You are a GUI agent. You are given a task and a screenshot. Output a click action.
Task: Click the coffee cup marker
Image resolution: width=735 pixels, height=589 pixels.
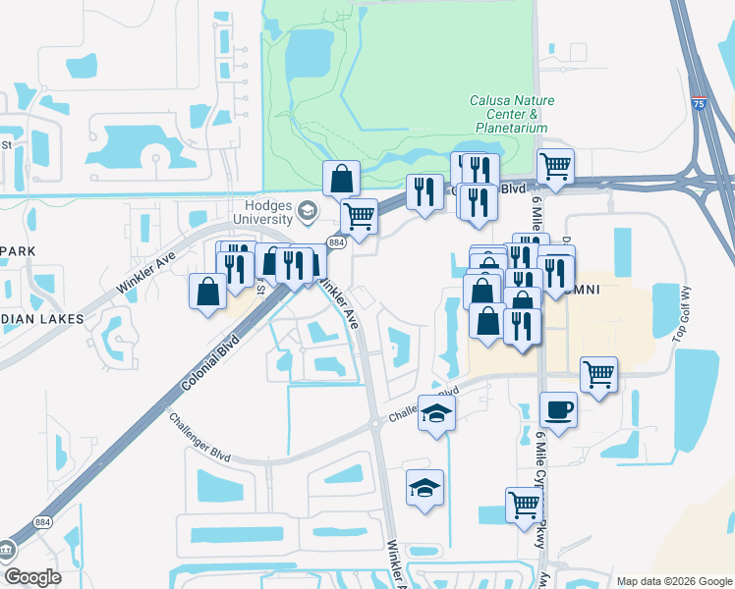click(558, 408)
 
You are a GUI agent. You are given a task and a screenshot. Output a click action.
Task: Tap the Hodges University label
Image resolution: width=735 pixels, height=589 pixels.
click(264, 211)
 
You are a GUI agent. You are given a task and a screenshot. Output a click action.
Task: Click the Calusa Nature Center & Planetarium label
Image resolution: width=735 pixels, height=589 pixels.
click(511, 114)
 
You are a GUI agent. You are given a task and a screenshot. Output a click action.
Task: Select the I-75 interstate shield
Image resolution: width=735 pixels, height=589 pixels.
click(698, 101)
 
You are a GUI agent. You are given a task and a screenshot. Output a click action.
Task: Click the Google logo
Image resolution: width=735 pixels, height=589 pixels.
click(32, 577)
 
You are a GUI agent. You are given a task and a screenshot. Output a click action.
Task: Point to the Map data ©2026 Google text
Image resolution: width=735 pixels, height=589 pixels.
click(673, 581)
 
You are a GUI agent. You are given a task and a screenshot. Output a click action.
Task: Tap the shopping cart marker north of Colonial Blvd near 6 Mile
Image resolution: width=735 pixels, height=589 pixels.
click(555, 166)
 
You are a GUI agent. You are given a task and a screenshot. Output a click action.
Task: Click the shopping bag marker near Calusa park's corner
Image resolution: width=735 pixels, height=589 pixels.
click(341, 179)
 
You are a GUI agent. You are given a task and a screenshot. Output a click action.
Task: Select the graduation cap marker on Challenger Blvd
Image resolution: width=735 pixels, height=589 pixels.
click(436, 411)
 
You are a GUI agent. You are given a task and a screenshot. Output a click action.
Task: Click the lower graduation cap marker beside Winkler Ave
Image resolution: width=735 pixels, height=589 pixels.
click(424, 487)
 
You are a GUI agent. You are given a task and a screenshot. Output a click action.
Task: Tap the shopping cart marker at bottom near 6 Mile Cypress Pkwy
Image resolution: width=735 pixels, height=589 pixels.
click(524, 505)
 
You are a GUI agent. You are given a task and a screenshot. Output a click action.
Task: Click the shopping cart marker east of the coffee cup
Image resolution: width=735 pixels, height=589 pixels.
click(598, 373)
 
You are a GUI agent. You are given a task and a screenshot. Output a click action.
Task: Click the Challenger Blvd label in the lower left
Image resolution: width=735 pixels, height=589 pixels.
click(198, 438)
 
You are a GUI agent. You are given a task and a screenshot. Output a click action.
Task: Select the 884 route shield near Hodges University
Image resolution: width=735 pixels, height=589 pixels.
click(337, 241)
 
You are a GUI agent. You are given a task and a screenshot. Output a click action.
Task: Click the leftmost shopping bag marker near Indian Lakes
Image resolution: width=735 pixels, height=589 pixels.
click(208, 291)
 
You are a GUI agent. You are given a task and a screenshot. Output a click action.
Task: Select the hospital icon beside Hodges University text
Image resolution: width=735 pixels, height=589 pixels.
click(308, 211)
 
